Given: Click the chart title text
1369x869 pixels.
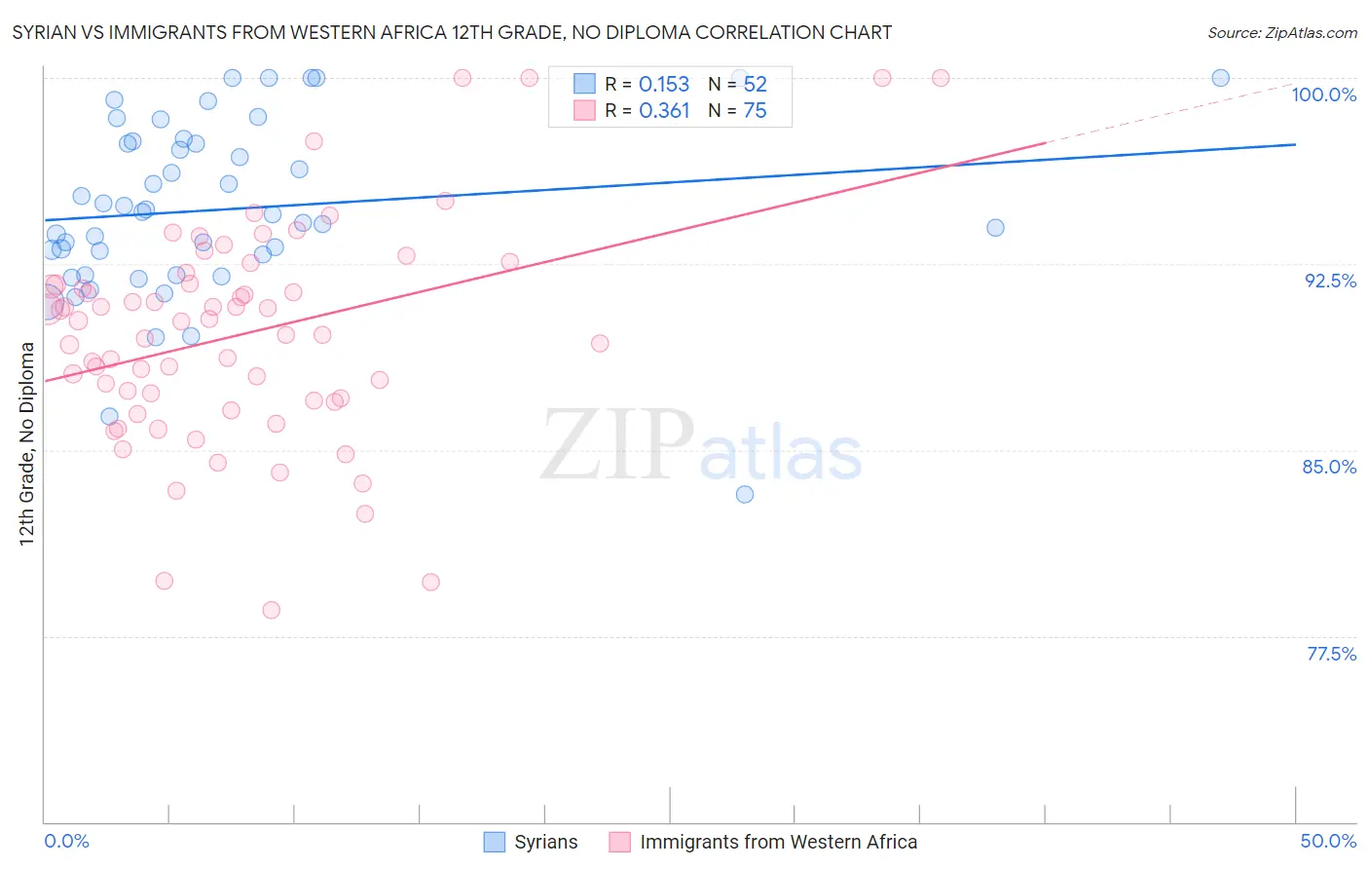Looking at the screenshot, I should [452, 33].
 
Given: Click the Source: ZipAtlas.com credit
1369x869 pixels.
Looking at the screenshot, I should [1281, 33].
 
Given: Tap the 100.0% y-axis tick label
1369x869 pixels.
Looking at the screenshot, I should [1323, 95].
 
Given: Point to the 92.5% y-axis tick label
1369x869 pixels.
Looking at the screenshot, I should [1330, 282].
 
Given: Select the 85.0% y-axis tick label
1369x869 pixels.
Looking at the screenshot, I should [1329, 468].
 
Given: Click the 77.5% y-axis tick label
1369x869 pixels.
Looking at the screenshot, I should [1331, 655].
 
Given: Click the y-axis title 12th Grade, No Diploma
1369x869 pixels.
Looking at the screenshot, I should [27, 443].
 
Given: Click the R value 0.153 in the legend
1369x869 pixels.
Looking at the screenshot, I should [664, 85].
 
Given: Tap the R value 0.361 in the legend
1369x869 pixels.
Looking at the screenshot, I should [664, 111].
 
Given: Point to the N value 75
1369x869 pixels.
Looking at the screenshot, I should [755, 111].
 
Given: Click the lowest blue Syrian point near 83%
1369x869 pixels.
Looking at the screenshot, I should [745, 495].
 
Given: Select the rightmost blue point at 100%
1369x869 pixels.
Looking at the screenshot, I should [1220, 78].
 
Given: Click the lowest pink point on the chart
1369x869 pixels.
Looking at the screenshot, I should [272, 611].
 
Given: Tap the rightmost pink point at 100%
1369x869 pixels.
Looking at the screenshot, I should [941, 78].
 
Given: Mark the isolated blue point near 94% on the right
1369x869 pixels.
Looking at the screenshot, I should [995, 228].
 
